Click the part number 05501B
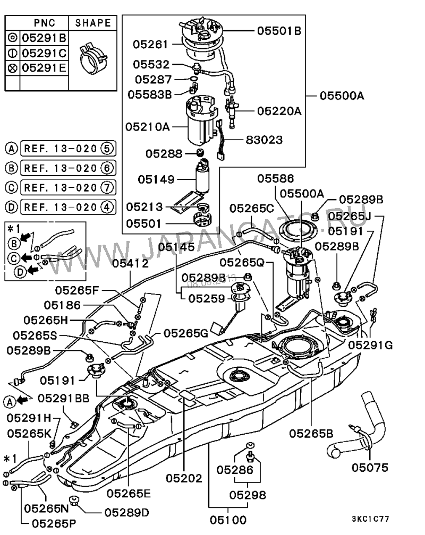point(279,31)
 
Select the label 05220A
point(279,111)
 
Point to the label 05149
point(156,179)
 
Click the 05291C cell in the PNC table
point(44,53)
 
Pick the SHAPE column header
point(93,23)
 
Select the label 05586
point(276,179)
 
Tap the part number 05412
point(130,263)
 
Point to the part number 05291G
point(370,345)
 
